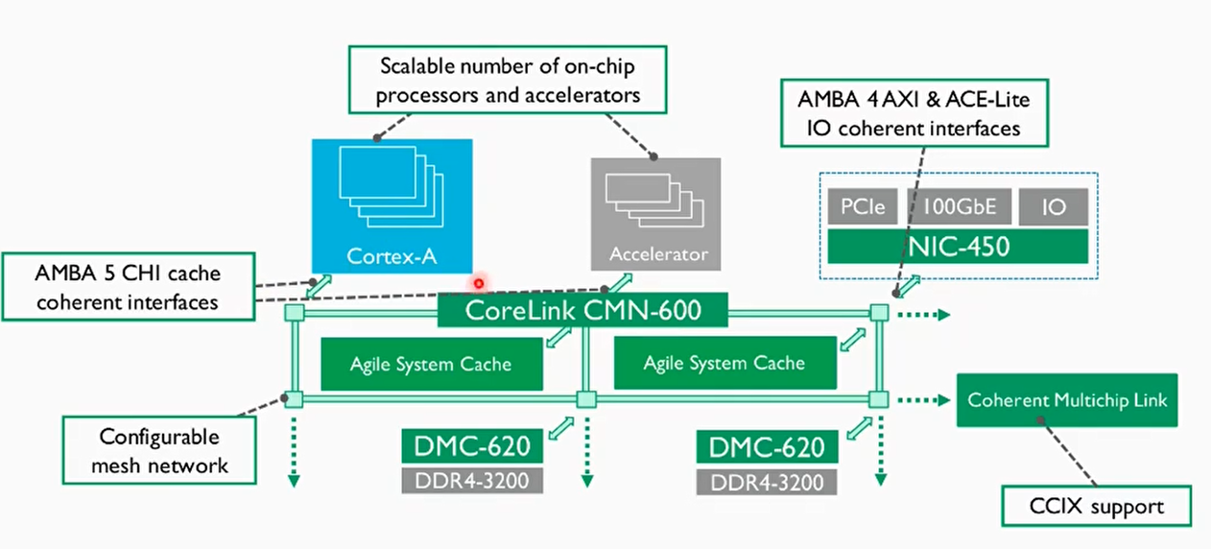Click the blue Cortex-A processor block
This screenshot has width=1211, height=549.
(x=392, y=205)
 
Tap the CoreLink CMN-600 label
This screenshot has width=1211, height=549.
(x=582, y=311)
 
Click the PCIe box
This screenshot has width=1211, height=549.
(x=861, y=207)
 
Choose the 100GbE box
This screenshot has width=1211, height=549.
(x=958, y=207)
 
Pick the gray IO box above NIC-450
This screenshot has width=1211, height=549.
(x=1053, y=207)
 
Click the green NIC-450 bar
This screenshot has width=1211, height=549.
(x=957, y=246)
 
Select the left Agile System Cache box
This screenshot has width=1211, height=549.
(x=431, y=364)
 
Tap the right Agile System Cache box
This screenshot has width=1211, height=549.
(x=724, y=363)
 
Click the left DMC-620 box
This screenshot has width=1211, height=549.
(x=472, y=447)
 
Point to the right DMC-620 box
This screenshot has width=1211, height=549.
(x=766, y=447)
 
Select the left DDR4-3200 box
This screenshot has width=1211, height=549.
(x=472, y=480)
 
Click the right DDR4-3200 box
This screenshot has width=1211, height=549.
(x=766, y=481)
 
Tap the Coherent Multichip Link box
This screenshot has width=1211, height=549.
(x=1067, y=399)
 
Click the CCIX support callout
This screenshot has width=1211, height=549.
(x=1096, y=506)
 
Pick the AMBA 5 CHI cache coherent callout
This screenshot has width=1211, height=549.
(x=129, y=287)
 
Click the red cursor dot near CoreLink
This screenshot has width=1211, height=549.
(x=477, y=283)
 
